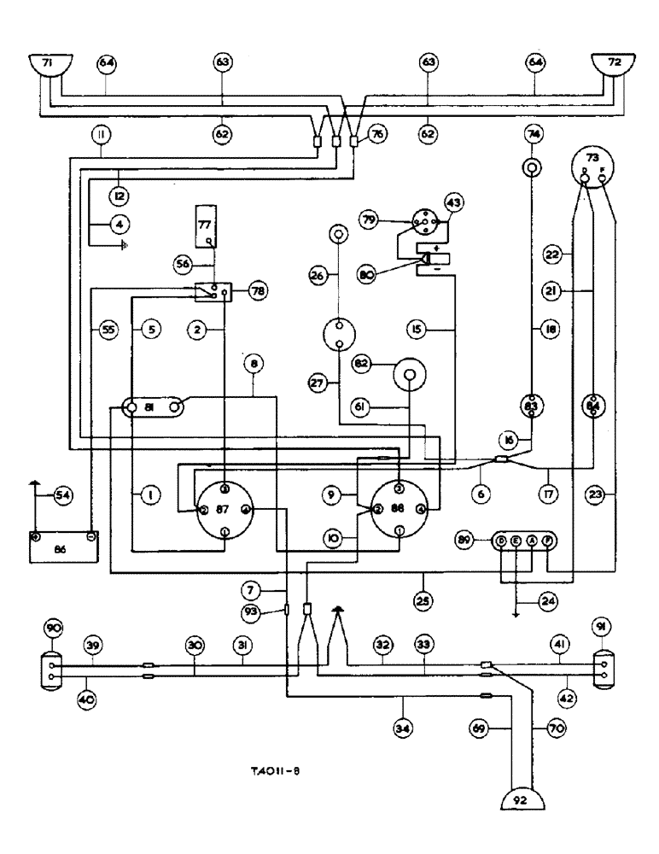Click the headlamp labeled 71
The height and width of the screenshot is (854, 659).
pos(47,65)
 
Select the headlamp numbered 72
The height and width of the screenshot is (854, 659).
pos(611,65)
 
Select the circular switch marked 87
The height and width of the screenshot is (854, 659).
pos(224,511)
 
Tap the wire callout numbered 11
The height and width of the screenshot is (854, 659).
pos(102,134)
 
